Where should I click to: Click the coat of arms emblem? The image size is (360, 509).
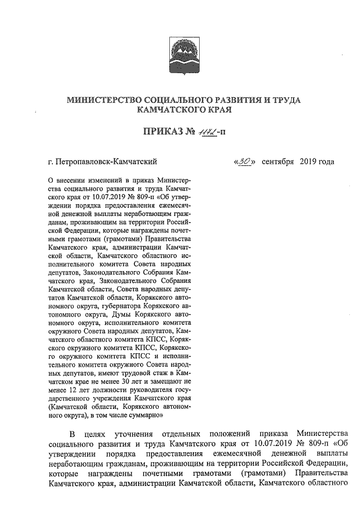coord(181,51)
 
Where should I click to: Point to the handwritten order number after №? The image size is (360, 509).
coord(201,132)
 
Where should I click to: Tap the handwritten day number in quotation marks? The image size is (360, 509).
coord(244,162)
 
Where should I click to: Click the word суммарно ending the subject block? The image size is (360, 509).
coord(147,416)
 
